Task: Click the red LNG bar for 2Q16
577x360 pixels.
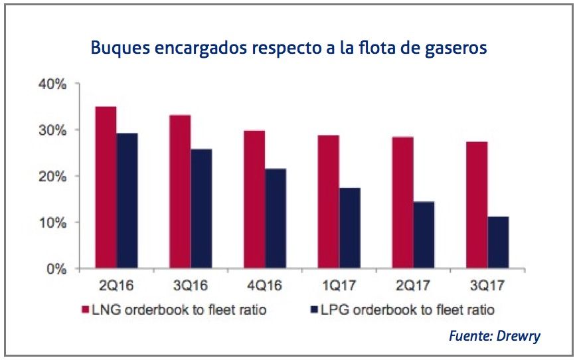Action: tap(106, 188)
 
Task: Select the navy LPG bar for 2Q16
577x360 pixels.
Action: tap(127, 201)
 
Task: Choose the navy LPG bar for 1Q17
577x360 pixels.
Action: tap(350, 228)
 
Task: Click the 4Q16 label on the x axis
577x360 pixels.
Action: tap(265, 288)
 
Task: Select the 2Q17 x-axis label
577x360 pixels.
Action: tap(414, 288)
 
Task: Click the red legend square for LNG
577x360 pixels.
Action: tap(86, 310)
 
